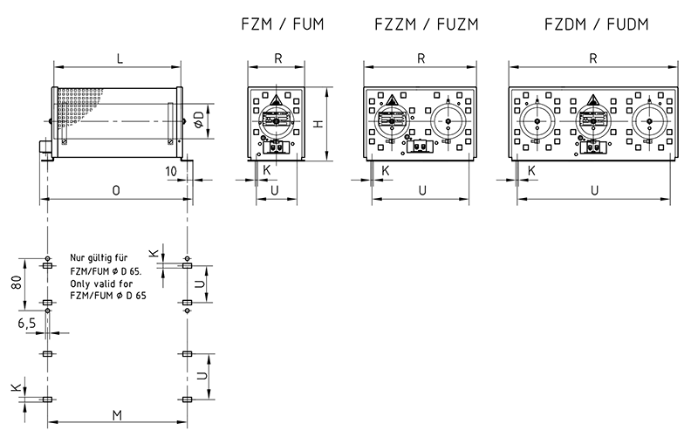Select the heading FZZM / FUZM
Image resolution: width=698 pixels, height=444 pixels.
point(423,24)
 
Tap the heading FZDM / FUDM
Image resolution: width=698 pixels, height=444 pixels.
point(592,24)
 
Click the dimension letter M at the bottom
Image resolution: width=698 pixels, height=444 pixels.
point(117,413)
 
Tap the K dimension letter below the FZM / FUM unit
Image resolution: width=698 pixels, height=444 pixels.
point(267,169)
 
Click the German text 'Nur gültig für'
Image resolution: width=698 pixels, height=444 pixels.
point(99,259)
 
